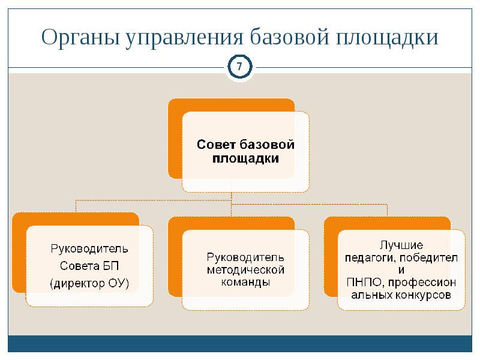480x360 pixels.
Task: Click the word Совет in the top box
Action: tap(217, 145)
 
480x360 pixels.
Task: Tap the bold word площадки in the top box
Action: tap(245, 159)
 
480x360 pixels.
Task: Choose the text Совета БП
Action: tap(89, 265)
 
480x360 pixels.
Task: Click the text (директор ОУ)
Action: tap(89, 282)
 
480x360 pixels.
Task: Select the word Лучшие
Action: tap(401, 245)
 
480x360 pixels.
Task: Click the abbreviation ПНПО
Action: tap(361, 281)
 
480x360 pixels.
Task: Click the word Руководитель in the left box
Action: tap(89, 247)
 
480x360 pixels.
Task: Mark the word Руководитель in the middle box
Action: tap(245, 258)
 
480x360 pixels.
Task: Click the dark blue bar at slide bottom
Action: tap(240, 343)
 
